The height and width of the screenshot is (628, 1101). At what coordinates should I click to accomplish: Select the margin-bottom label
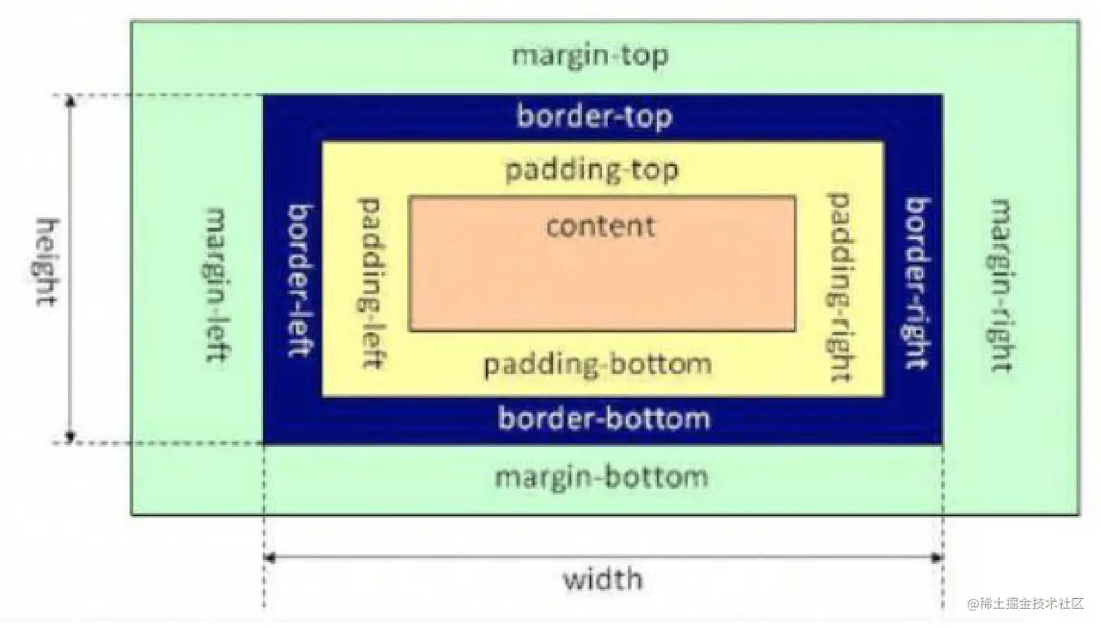pyautogui.click(x=601, y=478)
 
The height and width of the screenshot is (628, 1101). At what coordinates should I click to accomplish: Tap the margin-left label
pyautogui.click(x=218, y=285)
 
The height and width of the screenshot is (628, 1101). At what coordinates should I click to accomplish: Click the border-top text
pyautogui.click(x=594, y=117)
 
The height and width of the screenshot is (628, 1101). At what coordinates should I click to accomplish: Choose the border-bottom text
pyautogui.click(x=604, y=419)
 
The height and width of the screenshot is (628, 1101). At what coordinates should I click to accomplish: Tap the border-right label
pyautogui.click(x=917, y=283)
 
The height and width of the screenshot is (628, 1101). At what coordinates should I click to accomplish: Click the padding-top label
pyautogui.click(x=591, y=170)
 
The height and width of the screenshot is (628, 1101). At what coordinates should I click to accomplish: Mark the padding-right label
pyautogui.click(x=840, y=287)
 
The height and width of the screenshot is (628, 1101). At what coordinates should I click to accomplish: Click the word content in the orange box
pyautogui.click(x=601, y=227)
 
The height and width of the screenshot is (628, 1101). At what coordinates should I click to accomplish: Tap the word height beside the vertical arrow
pyautogui.click(x=48, y=262)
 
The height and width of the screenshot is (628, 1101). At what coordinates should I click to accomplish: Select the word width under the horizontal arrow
pyautogui.click(x=603, y=580)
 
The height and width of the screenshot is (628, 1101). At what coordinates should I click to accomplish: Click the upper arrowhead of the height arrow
pyautogui.click(x=71, y=101)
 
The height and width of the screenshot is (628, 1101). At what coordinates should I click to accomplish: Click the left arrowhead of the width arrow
pyautogui.click(x=269, y=558)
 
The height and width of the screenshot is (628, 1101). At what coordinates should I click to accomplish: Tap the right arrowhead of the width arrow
pyautogui.click(x=937, y=558)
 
